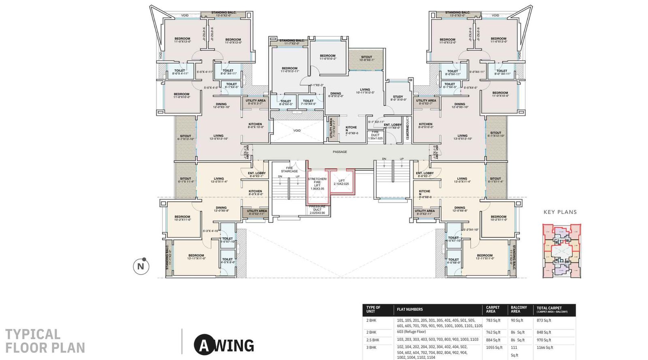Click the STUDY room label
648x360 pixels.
(x=398, y=98)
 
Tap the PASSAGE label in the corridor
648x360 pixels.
(x=340, y=152)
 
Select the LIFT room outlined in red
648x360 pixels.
(x=341, y=182)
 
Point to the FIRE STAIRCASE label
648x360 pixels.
(x=289, y=169)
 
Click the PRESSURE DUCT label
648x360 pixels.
(x=317, y=209)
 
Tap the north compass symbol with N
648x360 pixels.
(x=141, y=266)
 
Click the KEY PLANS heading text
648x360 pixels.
(x=560, y=212)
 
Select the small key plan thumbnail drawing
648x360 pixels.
(x=561, y=251)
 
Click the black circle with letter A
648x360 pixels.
(x=204, y=345)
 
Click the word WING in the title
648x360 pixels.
(x=234, y=345)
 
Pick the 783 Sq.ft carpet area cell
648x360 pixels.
(x=493, y=320)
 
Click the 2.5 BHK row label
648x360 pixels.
(x=373, y=340)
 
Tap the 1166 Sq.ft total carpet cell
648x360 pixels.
(x=545, y=347)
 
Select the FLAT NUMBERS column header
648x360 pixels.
(x=409, y=309)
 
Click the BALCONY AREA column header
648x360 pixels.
(x=518, y=309)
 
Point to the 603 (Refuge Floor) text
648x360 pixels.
(x=411, y=332)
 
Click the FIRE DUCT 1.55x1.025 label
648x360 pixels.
(x=375, y=135)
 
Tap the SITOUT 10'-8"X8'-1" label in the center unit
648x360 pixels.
(x=367, y=58)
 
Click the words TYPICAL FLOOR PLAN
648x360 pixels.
(x=45, y=341)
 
